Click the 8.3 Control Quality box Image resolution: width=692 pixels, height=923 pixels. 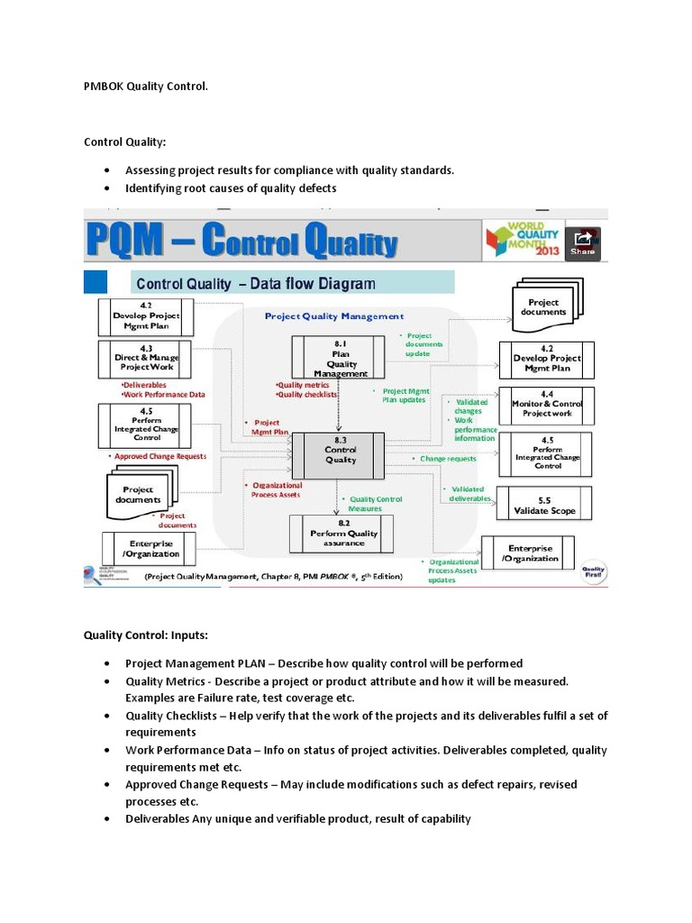point(341,449)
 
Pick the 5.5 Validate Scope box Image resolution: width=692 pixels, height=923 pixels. point(544,505)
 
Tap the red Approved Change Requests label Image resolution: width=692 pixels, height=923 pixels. point(158,456)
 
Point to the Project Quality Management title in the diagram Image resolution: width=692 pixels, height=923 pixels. point(333,316)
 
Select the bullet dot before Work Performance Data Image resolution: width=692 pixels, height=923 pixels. point(107,750)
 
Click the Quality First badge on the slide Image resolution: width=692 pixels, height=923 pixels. point(593,571)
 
